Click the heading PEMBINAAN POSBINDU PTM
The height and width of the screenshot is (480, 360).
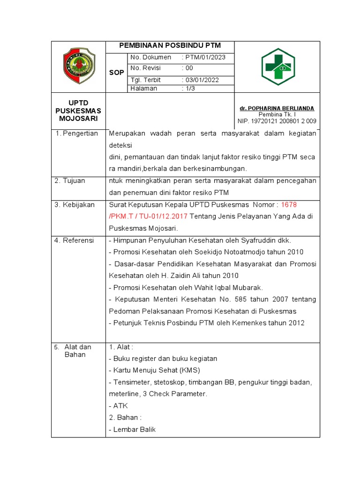pyautogui.click(x=170, y=46)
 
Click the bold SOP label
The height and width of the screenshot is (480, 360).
pyautogui.click(x=116, y=73)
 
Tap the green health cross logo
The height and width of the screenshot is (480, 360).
pyautogui.click(x=277, y=67)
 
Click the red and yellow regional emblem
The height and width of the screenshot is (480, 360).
pyautogui.click(x=79, y=67)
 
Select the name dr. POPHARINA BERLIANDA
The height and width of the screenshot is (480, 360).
pyautogui.click(x=277, y=108)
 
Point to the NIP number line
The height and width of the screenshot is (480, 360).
pyautogui.click(x=277, y=121)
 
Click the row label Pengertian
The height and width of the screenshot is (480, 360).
pyautogui.click(x=81, y=134)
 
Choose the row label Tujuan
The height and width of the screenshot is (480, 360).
pyautogui.click(x=75, y=180)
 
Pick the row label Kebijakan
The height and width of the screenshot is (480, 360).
pyautogui.click(x=78, y=205)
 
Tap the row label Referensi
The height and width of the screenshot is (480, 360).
pyautogui.click(x=78, y=240)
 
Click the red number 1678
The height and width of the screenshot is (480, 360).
pyautogui.click(x=289, y=205)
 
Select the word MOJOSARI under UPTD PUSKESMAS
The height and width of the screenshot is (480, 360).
pyautogui.click(x=78, y=119)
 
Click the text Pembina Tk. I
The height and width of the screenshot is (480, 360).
pyautogui.click(x=277, y=114)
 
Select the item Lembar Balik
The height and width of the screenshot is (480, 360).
pyautogui.click(x=134, y=429)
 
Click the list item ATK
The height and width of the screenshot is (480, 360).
pyautogui.click(x=120, y=406)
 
